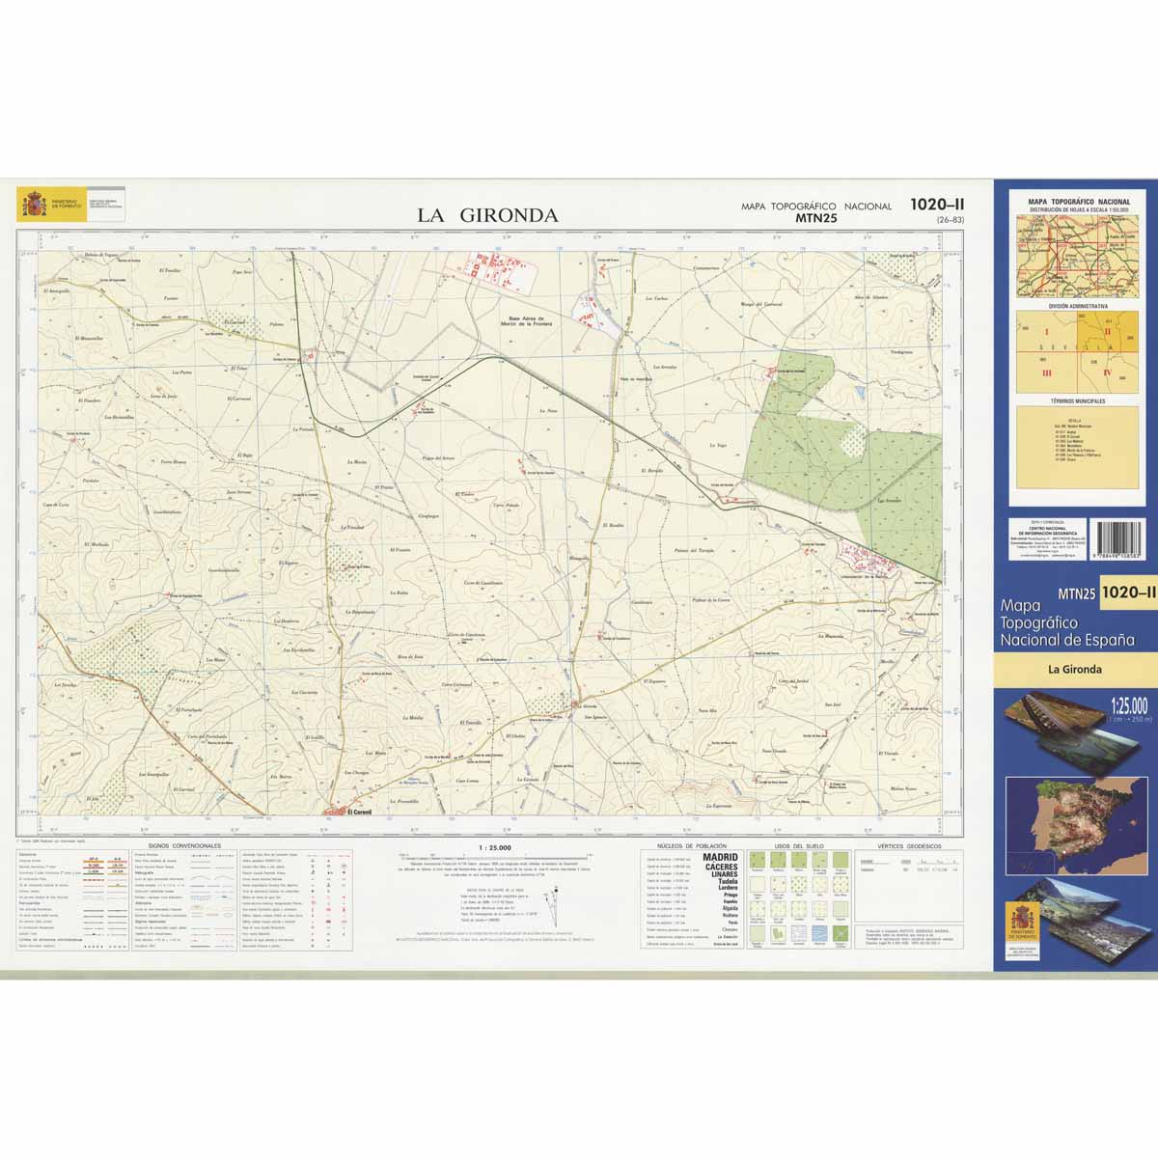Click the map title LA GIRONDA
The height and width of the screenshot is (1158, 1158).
[487, 215]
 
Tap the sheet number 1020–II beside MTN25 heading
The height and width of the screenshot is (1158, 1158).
[937, 205]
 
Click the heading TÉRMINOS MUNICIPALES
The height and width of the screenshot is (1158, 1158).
[1079, 400]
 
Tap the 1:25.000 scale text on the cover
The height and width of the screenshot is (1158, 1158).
[1128, 703]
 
